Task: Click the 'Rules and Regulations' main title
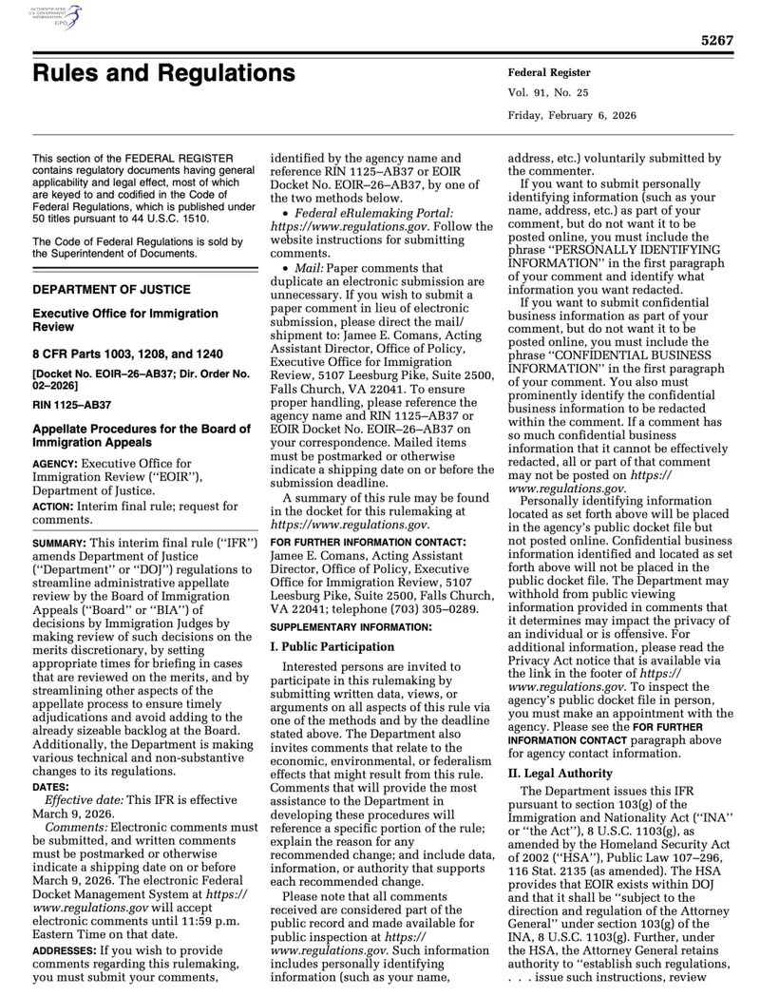pyautogui.click(x=163, y=73)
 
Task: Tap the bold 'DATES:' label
pyautogui.click(x=52, y=788)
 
